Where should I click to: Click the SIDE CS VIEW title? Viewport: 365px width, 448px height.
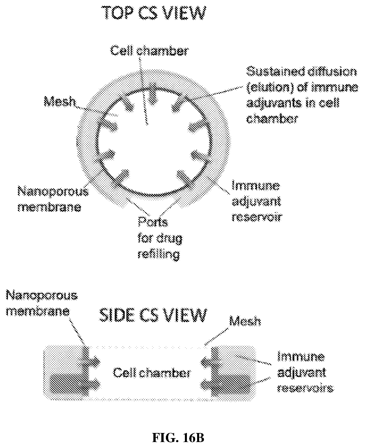[153, 315]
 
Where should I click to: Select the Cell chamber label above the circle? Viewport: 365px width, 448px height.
[149, 51]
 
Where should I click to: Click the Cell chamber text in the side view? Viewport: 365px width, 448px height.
[152, 373]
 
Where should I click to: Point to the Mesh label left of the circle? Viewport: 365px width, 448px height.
[60, 102]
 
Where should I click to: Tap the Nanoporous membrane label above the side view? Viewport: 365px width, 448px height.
[42, 303]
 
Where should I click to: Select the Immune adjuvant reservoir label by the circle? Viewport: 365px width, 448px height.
[257, 201]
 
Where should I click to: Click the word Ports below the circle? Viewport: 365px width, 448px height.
[153, 222]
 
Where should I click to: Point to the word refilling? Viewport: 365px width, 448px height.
[159, 255]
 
